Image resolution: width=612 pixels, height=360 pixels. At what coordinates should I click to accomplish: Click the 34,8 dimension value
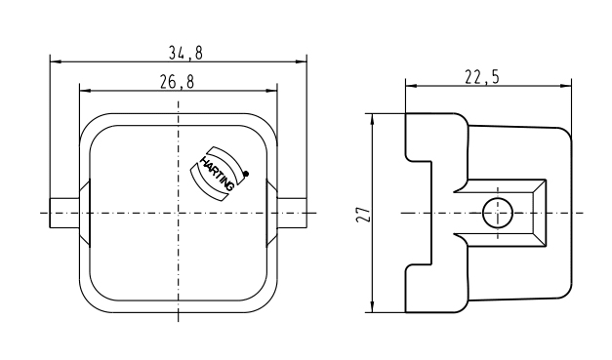185,53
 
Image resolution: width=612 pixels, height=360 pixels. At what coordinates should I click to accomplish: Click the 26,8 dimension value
177,82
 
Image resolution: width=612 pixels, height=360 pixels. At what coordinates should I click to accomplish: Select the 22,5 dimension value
482,77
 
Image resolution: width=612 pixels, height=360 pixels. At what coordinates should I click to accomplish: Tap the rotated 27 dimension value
363,214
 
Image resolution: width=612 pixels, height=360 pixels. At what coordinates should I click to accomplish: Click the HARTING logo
218,174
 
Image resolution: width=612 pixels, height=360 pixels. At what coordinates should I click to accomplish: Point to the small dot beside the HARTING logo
246,174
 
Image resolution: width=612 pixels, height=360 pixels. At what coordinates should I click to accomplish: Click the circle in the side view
497,213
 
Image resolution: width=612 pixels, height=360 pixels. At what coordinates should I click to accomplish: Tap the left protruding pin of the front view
64,213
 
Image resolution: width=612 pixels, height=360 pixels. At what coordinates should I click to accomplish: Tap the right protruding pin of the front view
292,213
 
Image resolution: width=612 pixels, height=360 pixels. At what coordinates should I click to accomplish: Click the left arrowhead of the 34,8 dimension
56,61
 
